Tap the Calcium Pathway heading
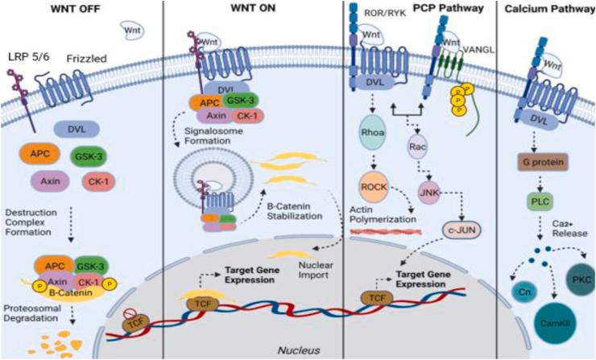click(544, 9)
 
